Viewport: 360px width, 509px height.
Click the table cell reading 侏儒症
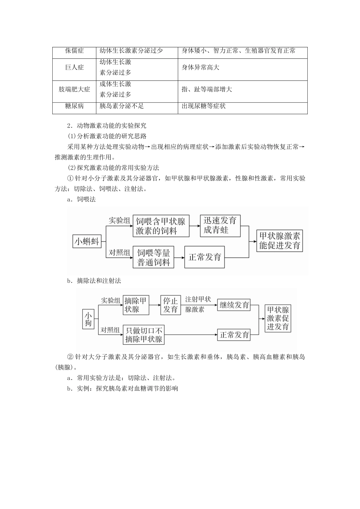[x=74, y=51]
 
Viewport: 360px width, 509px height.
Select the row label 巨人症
[x=74, y=67]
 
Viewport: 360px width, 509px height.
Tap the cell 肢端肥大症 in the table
[x=74, y=89]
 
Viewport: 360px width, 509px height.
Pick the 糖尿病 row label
[x=74, y=106]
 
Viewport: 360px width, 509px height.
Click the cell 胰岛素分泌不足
[x=122, y=106]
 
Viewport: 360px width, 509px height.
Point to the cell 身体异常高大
[x=200, y=67]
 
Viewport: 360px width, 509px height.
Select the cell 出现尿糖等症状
[x=203, y=106]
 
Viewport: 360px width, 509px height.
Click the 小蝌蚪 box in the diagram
[x=87, y=242]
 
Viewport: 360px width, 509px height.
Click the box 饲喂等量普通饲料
[x=153, y=257]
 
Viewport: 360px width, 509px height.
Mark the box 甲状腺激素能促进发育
[x=280, y=240]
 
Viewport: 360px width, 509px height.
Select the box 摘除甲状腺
[x=136, y=305]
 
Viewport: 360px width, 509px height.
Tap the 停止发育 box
[x=171, y=305]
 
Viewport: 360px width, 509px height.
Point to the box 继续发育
[x=235, y=305]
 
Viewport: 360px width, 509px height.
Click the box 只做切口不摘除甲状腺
[x=144, y=334]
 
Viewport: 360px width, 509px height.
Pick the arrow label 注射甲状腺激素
[x=198, y=304]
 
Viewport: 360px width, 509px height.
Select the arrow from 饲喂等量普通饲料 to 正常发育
[x=179, y=257]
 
